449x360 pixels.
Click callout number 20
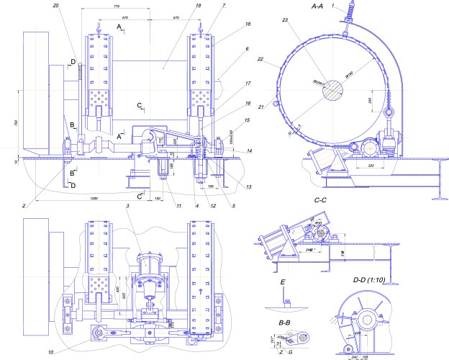click(x=55, y=4)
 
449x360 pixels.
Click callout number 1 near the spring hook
click(x=345, y=4)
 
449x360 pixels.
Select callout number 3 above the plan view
click(x=127, y=206)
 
